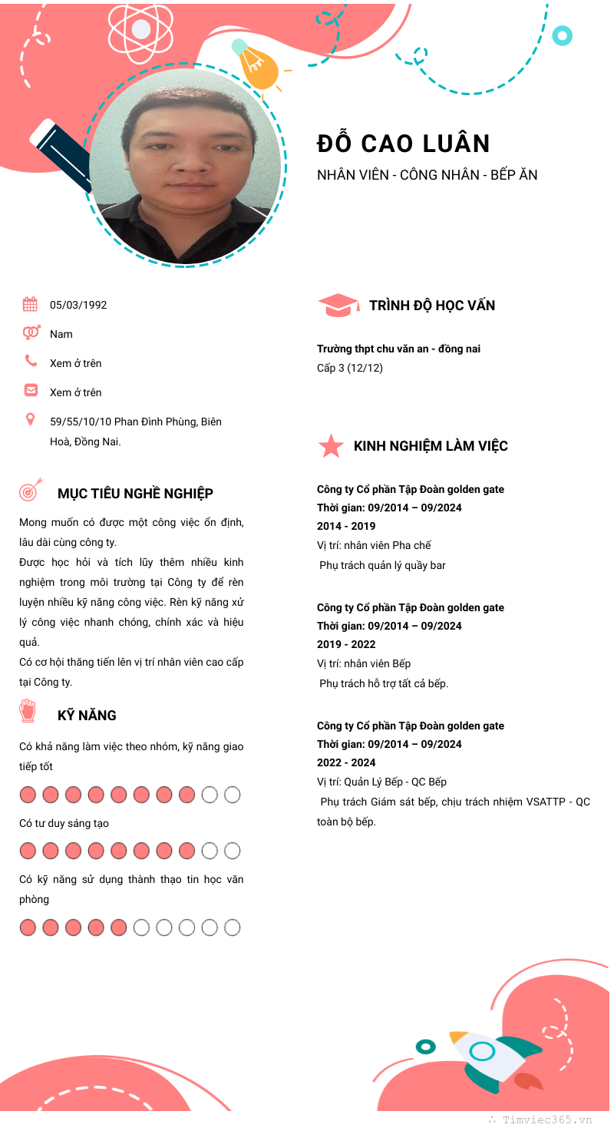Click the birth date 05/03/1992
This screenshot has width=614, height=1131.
click(78, 305)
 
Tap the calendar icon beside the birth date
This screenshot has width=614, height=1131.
click(30, 304)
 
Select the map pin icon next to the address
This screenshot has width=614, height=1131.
click(31, 419)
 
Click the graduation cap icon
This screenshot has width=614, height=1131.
click(338, 305)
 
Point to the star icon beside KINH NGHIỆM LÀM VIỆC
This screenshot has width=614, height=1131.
click(331, 446)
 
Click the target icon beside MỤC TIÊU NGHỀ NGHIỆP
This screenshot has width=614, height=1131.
click(29, 491)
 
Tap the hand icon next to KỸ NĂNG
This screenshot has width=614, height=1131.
click(28, 711)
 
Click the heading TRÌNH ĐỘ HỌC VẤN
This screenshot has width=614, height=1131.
click(432, 306)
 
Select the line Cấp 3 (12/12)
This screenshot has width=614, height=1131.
click(350, 368)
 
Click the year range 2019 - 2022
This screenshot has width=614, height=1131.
click(346, 644)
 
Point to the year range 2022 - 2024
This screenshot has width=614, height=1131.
click(346, 762)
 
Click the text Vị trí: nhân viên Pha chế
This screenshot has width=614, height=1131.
click(374, 545)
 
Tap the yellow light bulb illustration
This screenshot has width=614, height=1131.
click(256, 65)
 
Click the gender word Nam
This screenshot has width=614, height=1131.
click(61, 334)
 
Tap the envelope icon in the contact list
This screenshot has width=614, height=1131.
click(31, 390)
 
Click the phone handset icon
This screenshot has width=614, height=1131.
click(31, 360)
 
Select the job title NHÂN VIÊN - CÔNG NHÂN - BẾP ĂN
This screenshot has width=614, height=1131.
click(427, 175)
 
